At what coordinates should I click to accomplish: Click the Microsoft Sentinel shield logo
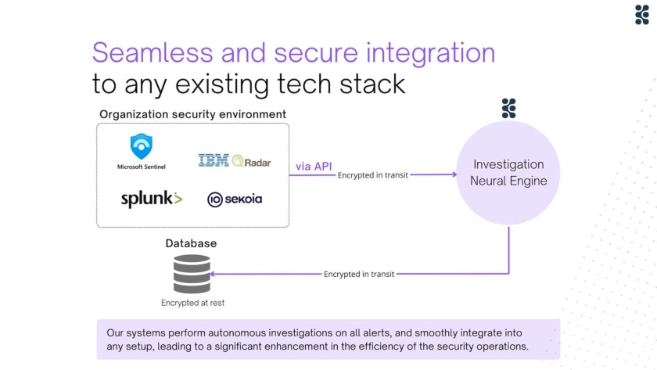tap(142, 146)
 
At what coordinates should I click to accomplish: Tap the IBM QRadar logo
tap(234, 161)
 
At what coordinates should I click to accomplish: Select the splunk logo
tap(151, 199)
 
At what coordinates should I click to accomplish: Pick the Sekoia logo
tap(235, 199)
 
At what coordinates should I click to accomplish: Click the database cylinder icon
tap(192, 274)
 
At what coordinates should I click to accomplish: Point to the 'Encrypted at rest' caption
tap(192, 303)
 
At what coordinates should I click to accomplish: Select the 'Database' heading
tap(191, 243)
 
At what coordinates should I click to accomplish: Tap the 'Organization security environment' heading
tap(192, 114)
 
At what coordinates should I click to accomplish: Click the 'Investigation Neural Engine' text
tap(508, 172)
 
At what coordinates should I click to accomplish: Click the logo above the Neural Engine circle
tap(508, 109)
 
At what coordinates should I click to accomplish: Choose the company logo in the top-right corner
tap(642, 15)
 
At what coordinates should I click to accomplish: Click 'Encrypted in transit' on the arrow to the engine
tap(373, 175)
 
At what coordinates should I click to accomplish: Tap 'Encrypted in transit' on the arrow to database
tap(359, 274)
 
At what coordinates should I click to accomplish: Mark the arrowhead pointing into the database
tap(214, 274)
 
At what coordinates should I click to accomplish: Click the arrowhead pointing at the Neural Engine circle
tap(454, 174)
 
